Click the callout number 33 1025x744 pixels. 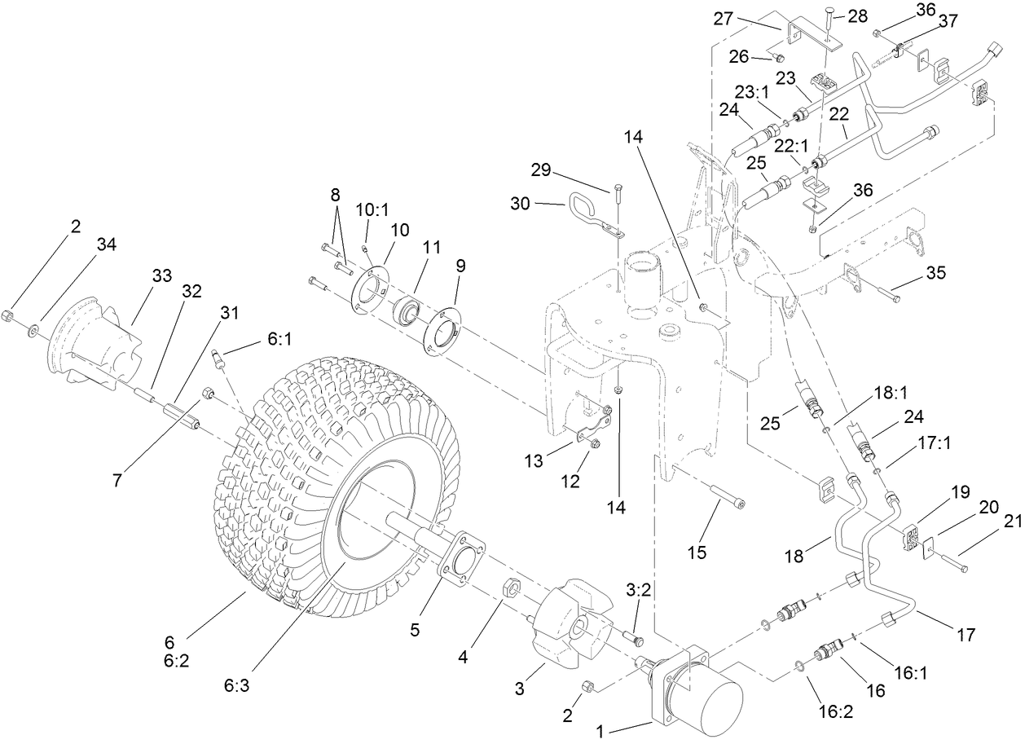[161, 275]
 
